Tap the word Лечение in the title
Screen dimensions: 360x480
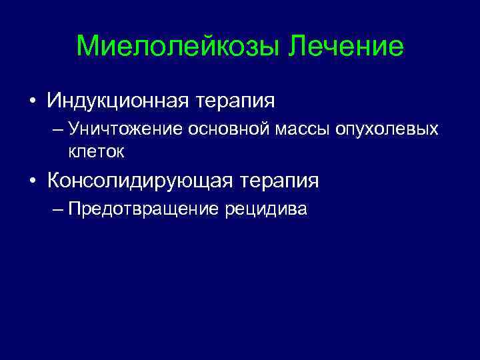pos(347,47)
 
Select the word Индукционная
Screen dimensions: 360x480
pos(117,101)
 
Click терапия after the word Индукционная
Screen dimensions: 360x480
pos(235,101)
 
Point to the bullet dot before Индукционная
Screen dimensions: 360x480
pos(31,102)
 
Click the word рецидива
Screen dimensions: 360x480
pos(266,209)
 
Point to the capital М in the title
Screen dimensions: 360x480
pos(87,47)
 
